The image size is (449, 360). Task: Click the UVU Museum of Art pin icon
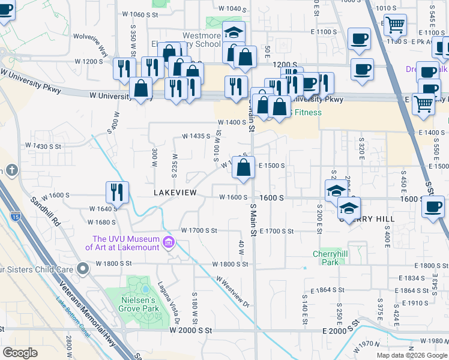click(169, 243)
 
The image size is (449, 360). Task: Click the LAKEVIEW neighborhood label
click(175, 193)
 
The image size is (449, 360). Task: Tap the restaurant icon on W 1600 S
click(118, 193)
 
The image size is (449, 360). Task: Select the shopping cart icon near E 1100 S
click(395, 25)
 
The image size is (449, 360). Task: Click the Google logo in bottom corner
click(20, 352)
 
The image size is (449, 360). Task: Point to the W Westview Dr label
click(232, 292)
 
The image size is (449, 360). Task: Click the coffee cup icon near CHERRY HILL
click(432, 208)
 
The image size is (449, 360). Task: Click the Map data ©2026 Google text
click(411, 355)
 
